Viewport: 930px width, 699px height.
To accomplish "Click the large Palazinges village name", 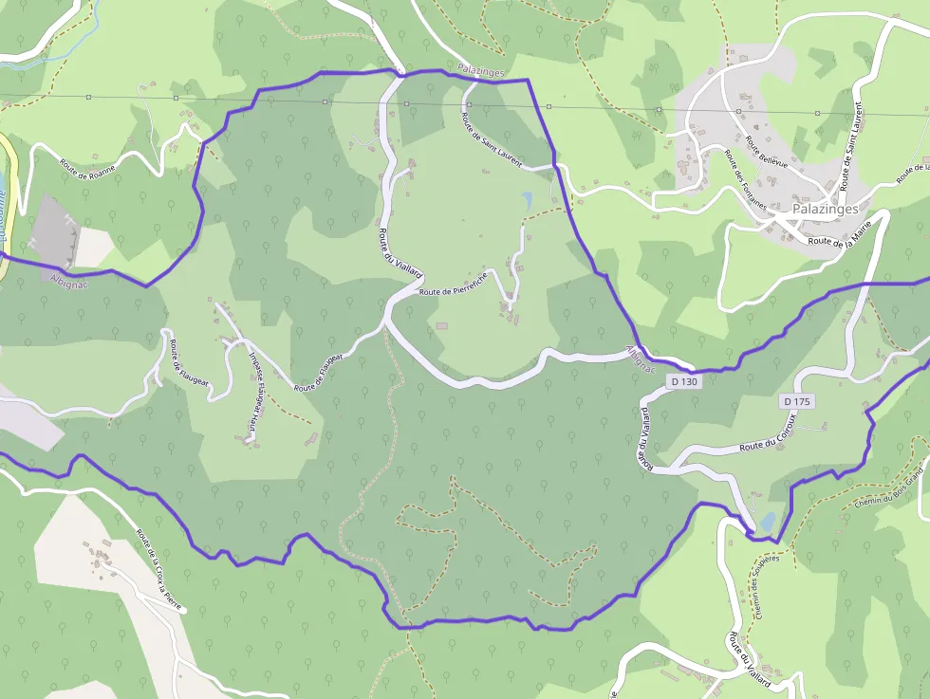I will point(825,209).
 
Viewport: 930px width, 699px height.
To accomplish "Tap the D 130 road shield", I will point(683,381).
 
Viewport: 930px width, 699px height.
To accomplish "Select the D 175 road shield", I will point(798,401).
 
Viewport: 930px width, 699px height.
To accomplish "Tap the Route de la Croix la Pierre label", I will point(158,559).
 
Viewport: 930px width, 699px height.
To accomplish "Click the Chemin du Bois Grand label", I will point(888,487).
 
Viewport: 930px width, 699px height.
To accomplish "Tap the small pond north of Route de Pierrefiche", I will point(527,200).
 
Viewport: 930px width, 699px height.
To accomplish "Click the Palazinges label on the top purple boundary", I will point(480,71).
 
